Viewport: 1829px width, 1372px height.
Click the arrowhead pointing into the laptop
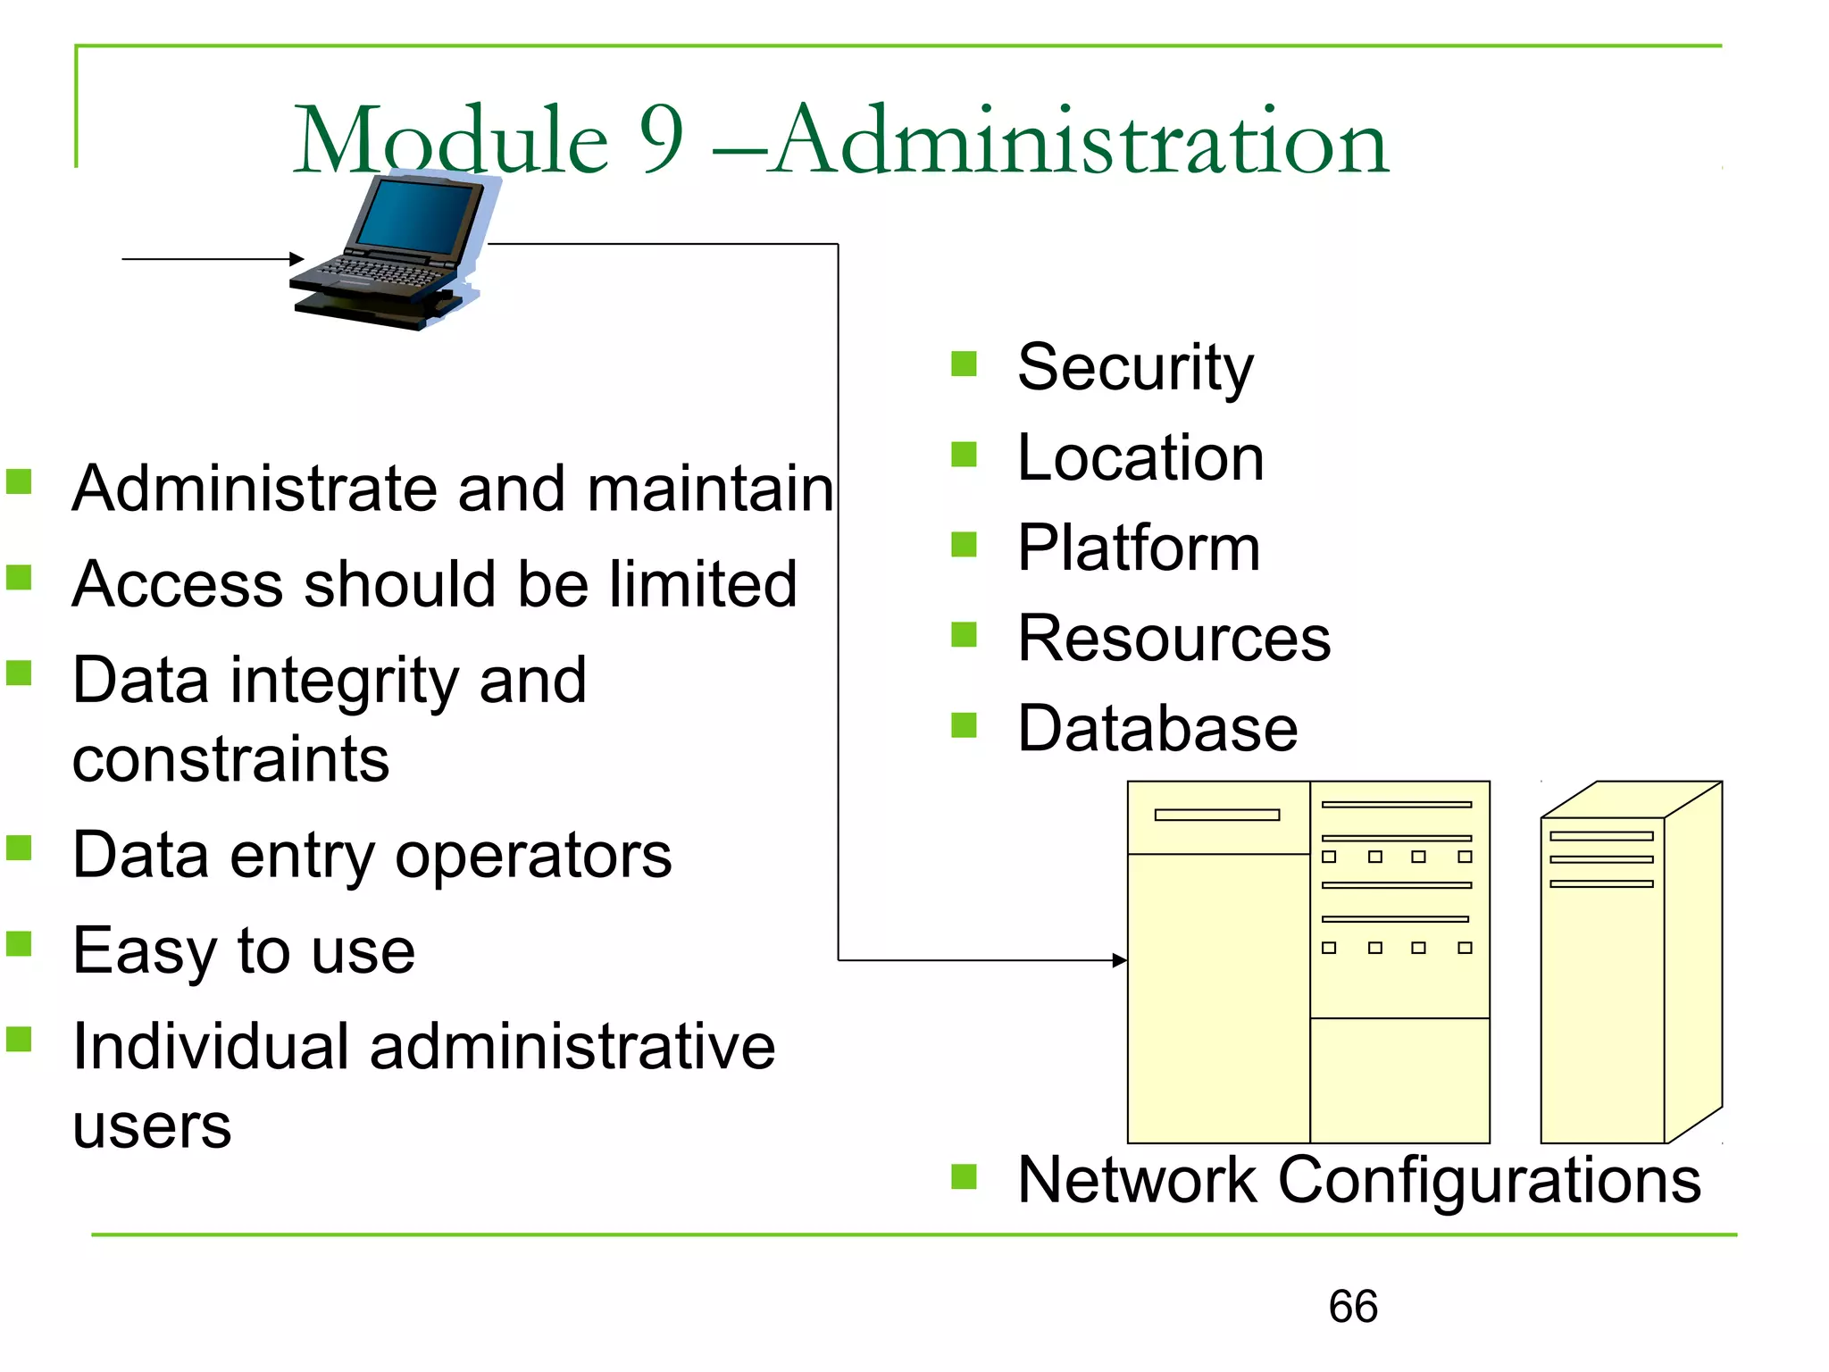pyautogui.click(x=297, y=259)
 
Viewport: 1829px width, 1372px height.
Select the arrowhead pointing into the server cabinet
pyautogui.click(x=1120, y=960)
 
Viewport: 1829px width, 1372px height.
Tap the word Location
pyautogui.click(x=1140, y=457)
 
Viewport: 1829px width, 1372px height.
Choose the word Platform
pyautogui.click(x=1139, y=548)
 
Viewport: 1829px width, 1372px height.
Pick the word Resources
pyautogui.click(x=1173, y=638)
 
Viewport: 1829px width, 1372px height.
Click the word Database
pyautogui.click(x=1157, y=728)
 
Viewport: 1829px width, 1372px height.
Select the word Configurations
pyautogui.click(x=1490, y=1180)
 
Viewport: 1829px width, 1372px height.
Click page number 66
pyautogui.click(x=1353, y=1307)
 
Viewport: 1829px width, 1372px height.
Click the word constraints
pyautogui.click(x=230, y=759)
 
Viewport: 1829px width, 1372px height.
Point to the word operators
pyautogui.click(x=533, y=855)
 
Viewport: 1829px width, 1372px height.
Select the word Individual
pyautogui.click(x=211, y=1046)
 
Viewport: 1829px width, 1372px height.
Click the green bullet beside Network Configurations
pyautogui.click(x=965, y=1176)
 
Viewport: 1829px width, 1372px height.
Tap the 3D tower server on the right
pyautogui.click(x=1630, y=965)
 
